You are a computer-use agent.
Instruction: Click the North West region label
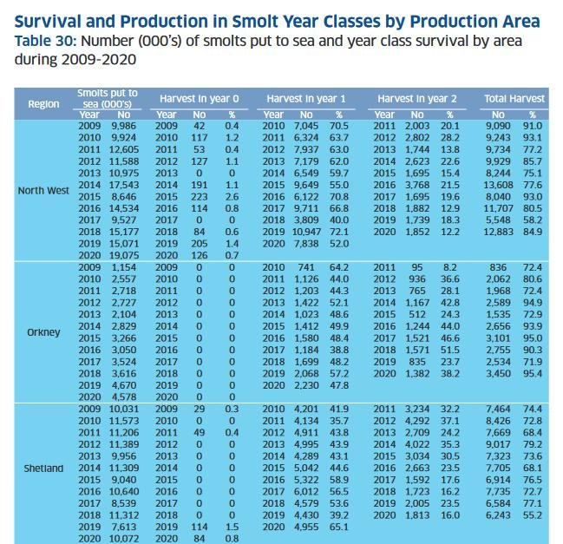[43, 191]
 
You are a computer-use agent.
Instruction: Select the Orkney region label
[43, 332]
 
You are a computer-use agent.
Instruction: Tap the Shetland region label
[43, 469]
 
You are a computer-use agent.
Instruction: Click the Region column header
[43, 104]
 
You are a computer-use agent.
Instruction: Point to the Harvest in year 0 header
[200, 99]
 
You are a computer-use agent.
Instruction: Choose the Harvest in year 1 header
[306, 99]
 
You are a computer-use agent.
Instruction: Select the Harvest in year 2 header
[417, 99]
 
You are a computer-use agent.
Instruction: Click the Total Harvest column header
[514, 99]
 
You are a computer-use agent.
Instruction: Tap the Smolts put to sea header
[108, 98]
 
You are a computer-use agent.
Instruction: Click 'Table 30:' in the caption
[46, 41]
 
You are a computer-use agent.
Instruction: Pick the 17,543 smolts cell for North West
[124, 185]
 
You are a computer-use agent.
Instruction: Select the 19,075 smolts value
[124, 255]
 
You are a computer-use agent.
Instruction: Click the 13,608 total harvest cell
[498, 185]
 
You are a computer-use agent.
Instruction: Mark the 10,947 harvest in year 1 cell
[306, 232]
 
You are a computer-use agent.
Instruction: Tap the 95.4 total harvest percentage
[533, 373]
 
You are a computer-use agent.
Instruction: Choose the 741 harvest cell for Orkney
[306, 267]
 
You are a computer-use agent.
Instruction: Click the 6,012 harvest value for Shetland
[306, 492]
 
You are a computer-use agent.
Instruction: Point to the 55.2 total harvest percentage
[533, 515]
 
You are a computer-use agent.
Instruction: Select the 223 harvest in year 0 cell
[200, 197]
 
